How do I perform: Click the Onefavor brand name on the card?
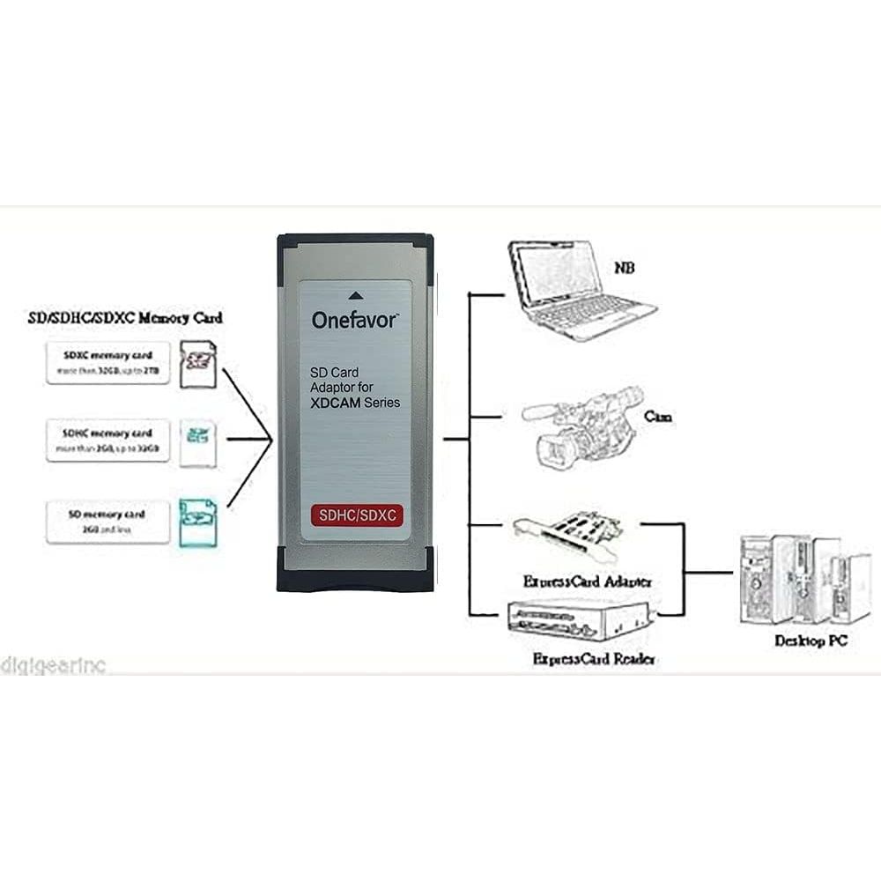[x=355, y=320]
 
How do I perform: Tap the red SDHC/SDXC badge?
[x=357, y=515]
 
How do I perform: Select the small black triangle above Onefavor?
[x=355, y=296]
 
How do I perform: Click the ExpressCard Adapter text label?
[x=587, y=581]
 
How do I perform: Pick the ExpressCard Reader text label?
[x=594, y=658]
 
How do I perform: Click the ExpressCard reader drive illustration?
[x=580, y=622]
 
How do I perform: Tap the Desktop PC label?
[x=811, y=640]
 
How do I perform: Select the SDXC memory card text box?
[x=107, y=362]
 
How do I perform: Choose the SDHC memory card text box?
[x=107, y=440]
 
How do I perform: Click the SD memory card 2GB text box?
[x=107, y=521]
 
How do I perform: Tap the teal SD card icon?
[x=197, y=522]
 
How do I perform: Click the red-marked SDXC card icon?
[x=197, y=364]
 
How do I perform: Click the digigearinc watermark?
[x=53, y=665]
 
